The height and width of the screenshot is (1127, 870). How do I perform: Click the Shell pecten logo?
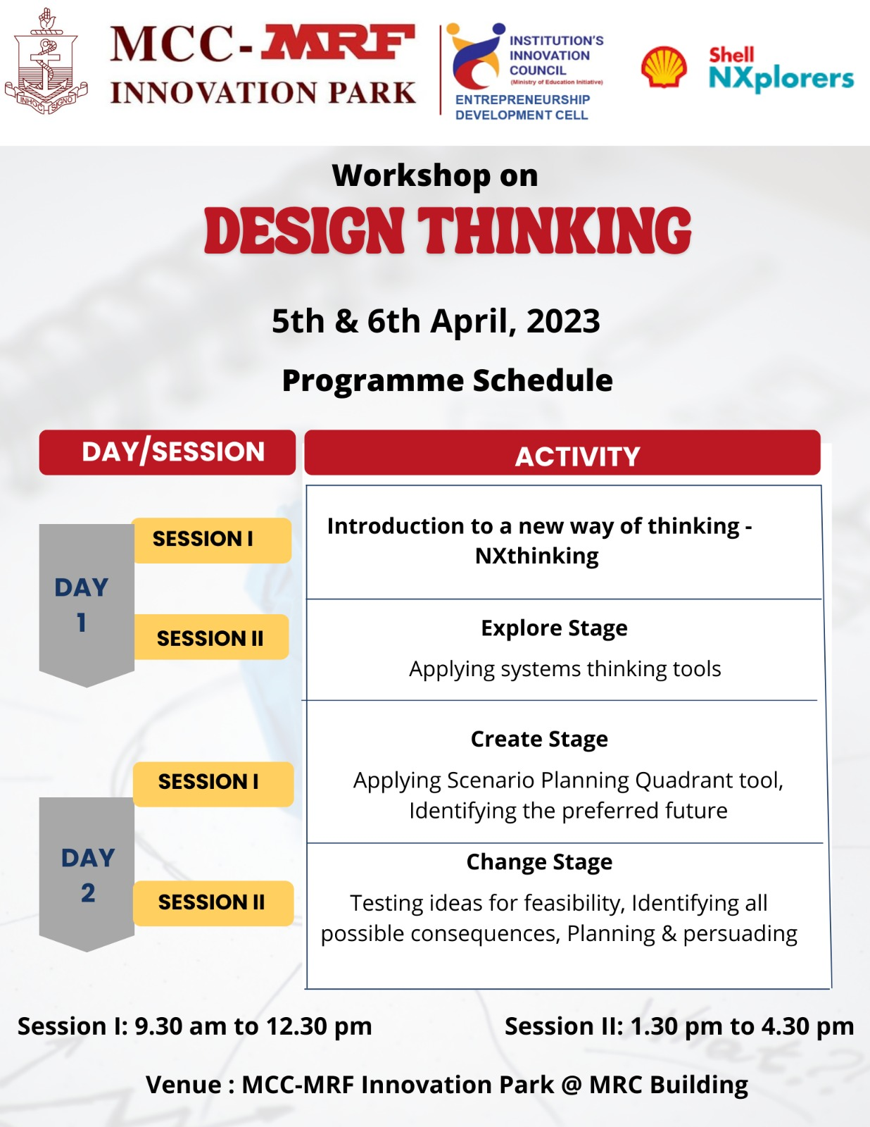(664, 67)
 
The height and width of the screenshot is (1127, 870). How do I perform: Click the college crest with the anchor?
(46, 61)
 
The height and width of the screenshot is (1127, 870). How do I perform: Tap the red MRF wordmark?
(338, 42)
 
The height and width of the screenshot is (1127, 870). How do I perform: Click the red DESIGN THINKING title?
(448, 230)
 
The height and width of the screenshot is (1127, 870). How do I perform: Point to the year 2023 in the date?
(563, 321)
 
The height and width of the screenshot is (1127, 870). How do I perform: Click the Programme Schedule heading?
(447, 380)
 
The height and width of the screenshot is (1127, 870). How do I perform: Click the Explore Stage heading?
(554, 628)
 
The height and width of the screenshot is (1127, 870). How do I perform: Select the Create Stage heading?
(539, 739)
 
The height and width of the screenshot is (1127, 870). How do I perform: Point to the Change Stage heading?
(539, 862)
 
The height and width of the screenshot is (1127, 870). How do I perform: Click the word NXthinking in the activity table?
(537, 556)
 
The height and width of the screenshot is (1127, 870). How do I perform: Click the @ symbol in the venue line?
(571, 1085)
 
